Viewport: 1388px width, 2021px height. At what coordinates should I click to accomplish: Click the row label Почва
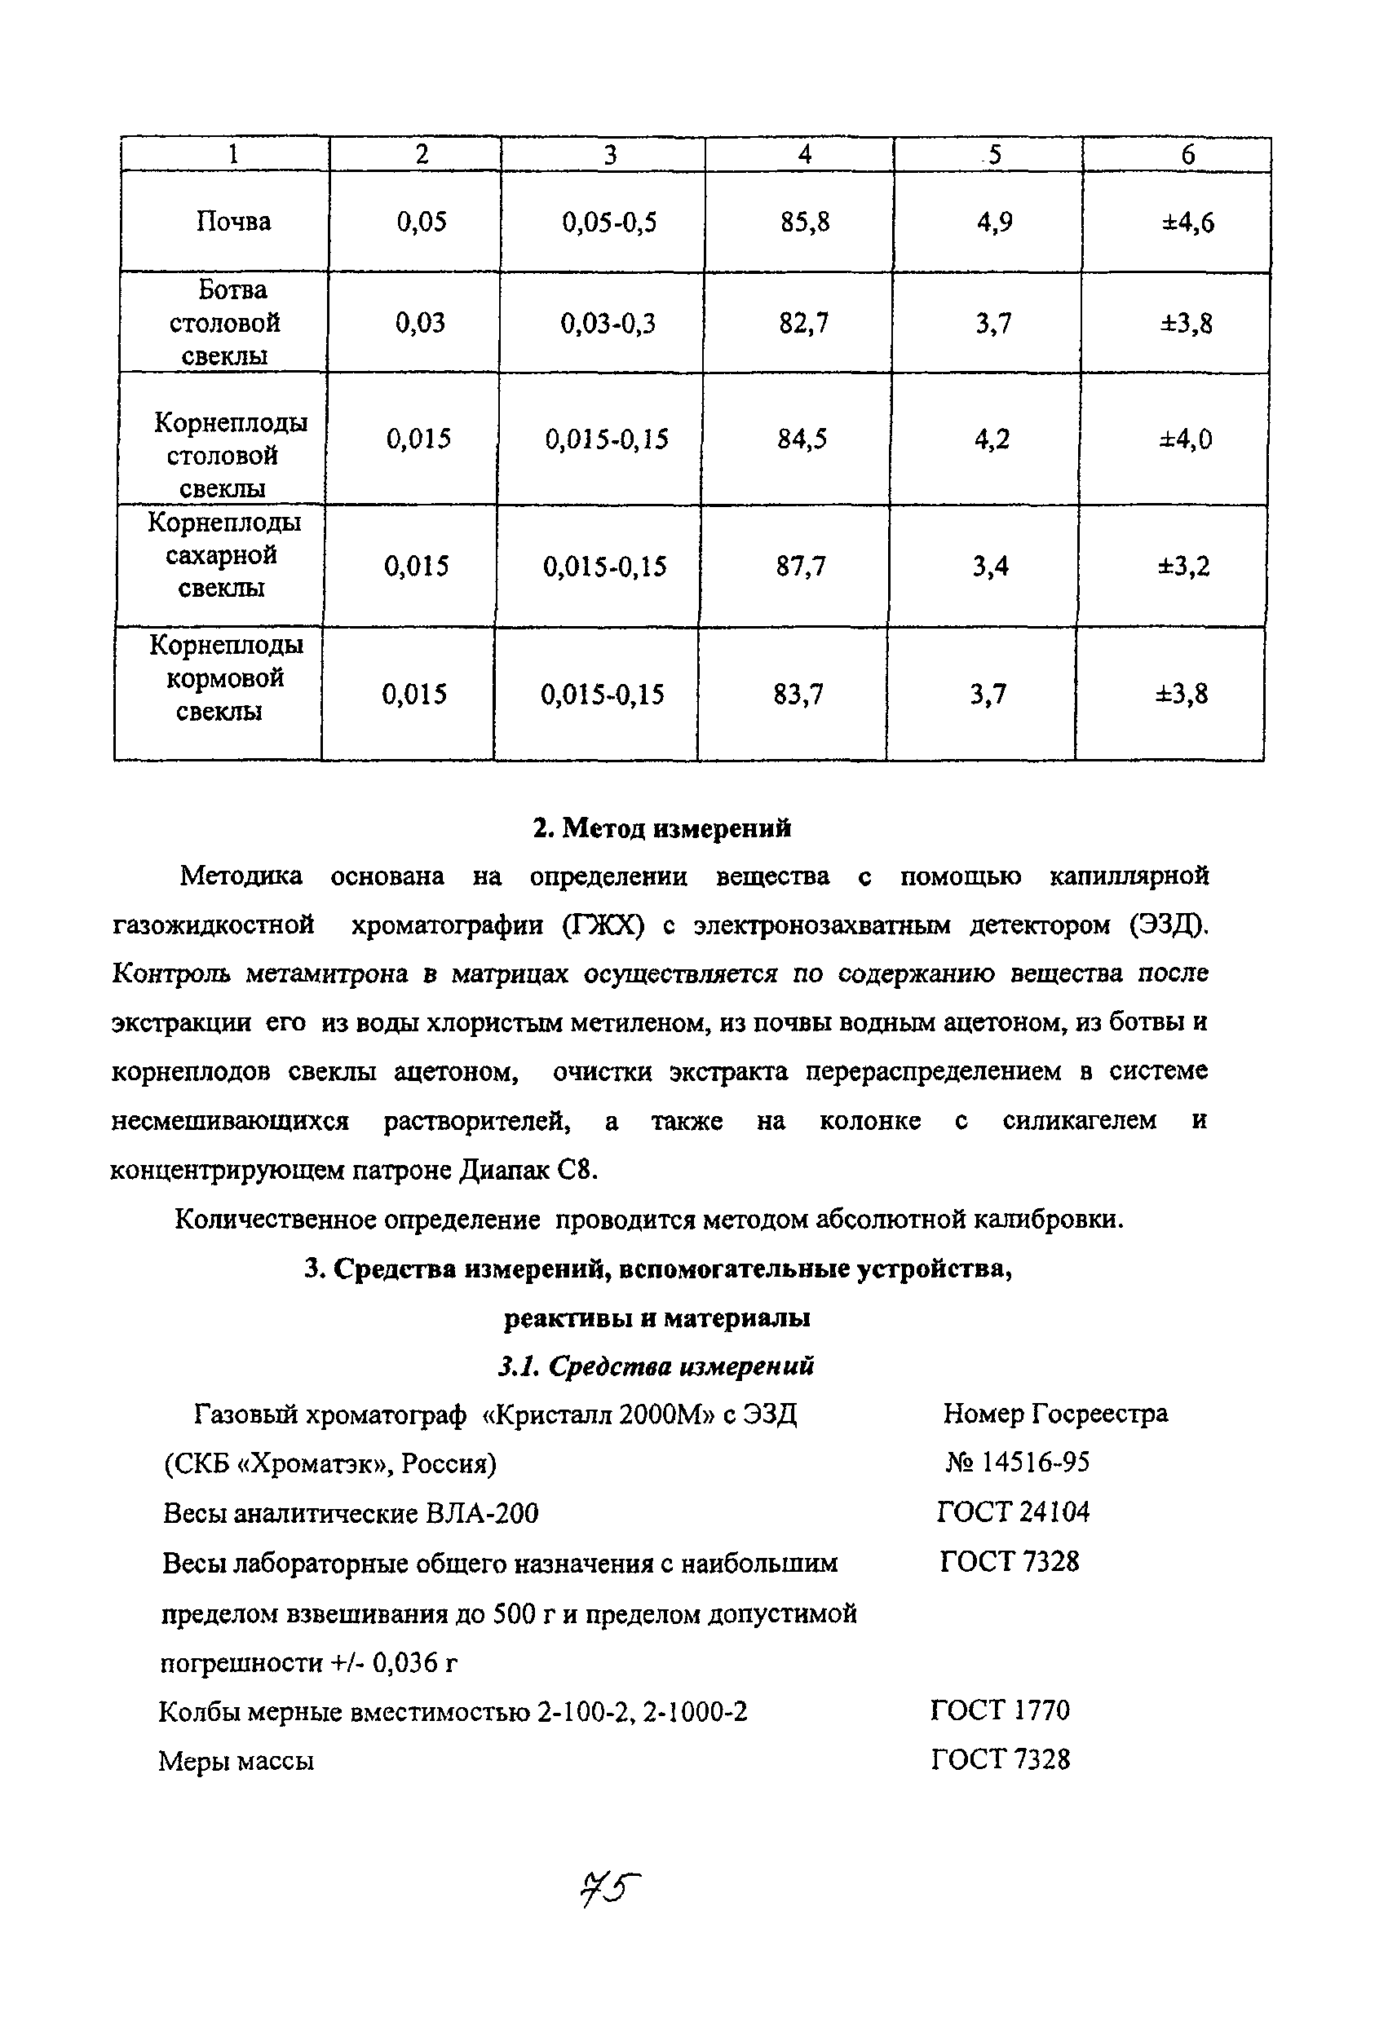pos(233,222)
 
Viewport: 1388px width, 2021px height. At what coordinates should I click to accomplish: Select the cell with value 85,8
pos(804,223)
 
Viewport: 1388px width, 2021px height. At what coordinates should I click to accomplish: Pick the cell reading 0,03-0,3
pos(608,324)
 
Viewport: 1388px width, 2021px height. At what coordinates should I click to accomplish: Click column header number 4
pos(804,155)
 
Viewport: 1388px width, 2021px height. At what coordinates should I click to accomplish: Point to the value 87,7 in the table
pos(800,567)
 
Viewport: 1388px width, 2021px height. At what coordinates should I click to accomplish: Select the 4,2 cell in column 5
pos(992,439)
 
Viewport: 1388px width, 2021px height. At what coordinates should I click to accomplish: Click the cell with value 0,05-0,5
pos(608,223)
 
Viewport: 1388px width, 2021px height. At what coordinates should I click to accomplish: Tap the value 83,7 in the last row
pos(798,695)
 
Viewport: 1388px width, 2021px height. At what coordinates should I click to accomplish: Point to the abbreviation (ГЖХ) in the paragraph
pos(603,925)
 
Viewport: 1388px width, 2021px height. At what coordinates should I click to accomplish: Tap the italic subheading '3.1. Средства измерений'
pos(656,1366)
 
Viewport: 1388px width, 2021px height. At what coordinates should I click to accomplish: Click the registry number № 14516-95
pos(1018,1463)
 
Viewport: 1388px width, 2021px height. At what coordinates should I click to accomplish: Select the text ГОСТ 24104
pos(1013,1512)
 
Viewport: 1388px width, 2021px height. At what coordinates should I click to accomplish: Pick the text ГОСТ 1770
pos(1000,1710)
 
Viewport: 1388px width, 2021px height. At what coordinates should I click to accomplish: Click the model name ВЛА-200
pos(482,1514)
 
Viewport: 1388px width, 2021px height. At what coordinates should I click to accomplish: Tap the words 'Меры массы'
pos(236,1762)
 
